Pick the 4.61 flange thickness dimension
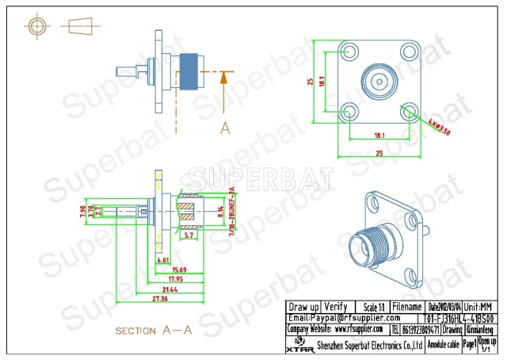[163, 259]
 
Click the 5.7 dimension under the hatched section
[189, 236]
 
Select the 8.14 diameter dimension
[220, 211]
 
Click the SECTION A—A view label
[154, 330]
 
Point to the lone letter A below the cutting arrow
[225, 127]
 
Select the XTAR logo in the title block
[297, 345]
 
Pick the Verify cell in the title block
[337, 306]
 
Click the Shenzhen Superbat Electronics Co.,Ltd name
[369, 345]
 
